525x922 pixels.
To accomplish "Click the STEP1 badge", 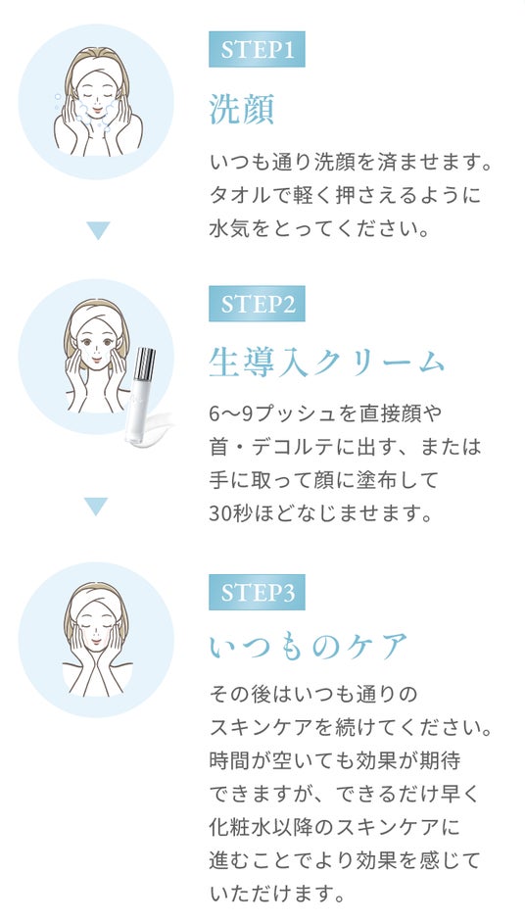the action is pos(257,49).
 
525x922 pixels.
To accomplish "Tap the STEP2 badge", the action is pos(257,304).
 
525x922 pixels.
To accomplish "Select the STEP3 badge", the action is pos(257,592).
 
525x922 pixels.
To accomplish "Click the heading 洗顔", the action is pos(242,110).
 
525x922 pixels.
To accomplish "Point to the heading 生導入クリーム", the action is pos(326,362).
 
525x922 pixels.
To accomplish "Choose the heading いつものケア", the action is pos(309,647).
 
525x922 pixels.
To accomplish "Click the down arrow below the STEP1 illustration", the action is pos(98,230).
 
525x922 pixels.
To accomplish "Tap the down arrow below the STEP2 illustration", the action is pos(96,507).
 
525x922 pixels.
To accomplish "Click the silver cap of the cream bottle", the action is pos(145,364).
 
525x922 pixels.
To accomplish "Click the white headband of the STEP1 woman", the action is pos(97,67).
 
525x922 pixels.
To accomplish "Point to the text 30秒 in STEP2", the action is pos(228,514).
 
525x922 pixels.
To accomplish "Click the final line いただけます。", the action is pos(276,895).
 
